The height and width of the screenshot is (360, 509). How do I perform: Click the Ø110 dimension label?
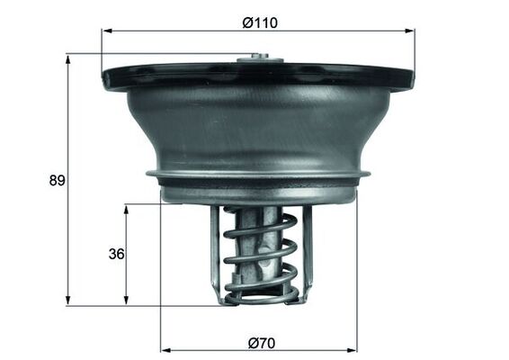tap(260, 22)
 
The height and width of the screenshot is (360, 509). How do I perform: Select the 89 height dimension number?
tap(57, 180)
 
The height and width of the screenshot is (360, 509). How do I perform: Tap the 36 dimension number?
tap(115, 254)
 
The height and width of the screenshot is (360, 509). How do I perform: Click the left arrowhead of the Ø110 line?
tap(106, 31)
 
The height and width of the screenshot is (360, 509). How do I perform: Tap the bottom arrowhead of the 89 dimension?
tap(68, 300)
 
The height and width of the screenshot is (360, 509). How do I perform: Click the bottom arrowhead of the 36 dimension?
tap(126, 300)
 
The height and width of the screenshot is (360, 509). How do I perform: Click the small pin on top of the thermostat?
tap(259, 60)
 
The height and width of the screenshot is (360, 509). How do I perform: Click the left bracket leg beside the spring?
tap(216, 252)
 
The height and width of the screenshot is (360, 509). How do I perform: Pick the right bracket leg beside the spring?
tap(306, 252)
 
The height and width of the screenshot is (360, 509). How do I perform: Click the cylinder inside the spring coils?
tap(260, 220)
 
